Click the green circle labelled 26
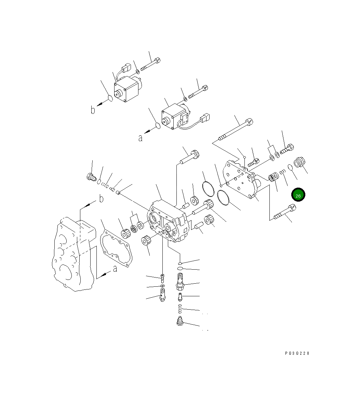[x=298, y=195]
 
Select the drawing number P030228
[x=297, y=353]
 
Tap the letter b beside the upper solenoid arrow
[x=93, y=110]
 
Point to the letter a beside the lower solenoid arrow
[x=141, y=138]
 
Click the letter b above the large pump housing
[x=101, y=199]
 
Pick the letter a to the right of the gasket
[x=115, y=269]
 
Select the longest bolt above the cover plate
[x=236, y=130]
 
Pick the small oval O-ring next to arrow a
[x=158, y=126]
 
